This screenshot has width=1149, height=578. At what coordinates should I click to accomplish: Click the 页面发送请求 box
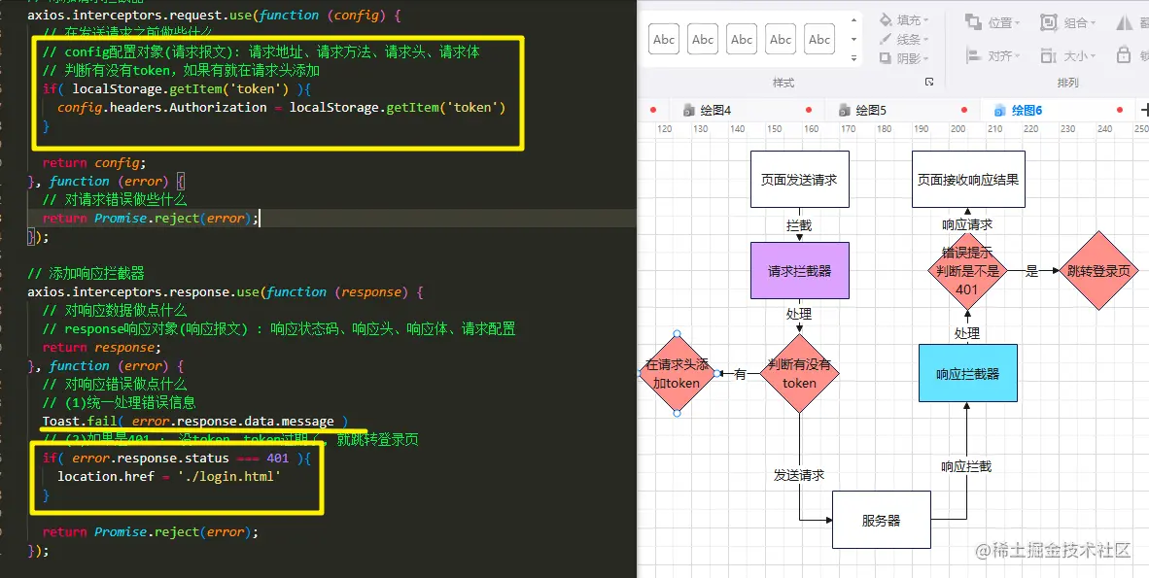pos(799,179)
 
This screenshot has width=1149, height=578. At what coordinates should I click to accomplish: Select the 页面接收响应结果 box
pos(968,179)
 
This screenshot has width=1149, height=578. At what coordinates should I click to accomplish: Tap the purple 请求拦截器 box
pos(799,270)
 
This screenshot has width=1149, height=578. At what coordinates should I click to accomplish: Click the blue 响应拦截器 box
pos(967,373)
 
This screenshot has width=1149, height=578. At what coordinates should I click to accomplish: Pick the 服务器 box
pos(881,520)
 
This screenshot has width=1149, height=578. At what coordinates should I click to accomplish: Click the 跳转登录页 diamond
pos(1098,271)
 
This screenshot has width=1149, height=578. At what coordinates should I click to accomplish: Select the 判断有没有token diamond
pos(799,374)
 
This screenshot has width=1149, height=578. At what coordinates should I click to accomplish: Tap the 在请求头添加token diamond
pos(677,374)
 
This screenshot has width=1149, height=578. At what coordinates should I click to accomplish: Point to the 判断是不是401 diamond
pos(967,271)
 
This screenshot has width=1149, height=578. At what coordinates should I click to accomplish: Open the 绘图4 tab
pos(714,111)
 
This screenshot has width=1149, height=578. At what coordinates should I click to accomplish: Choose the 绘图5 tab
pos(870,111)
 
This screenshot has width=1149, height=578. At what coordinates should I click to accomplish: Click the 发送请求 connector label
pos(799,475)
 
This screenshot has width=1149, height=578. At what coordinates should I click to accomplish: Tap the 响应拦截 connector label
pos(966,466)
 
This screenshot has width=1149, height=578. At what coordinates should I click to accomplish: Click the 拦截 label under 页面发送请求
pos(799,225)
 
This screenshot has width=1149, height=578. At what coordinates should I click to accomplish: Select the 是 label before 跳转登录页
pos(1032,272)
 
